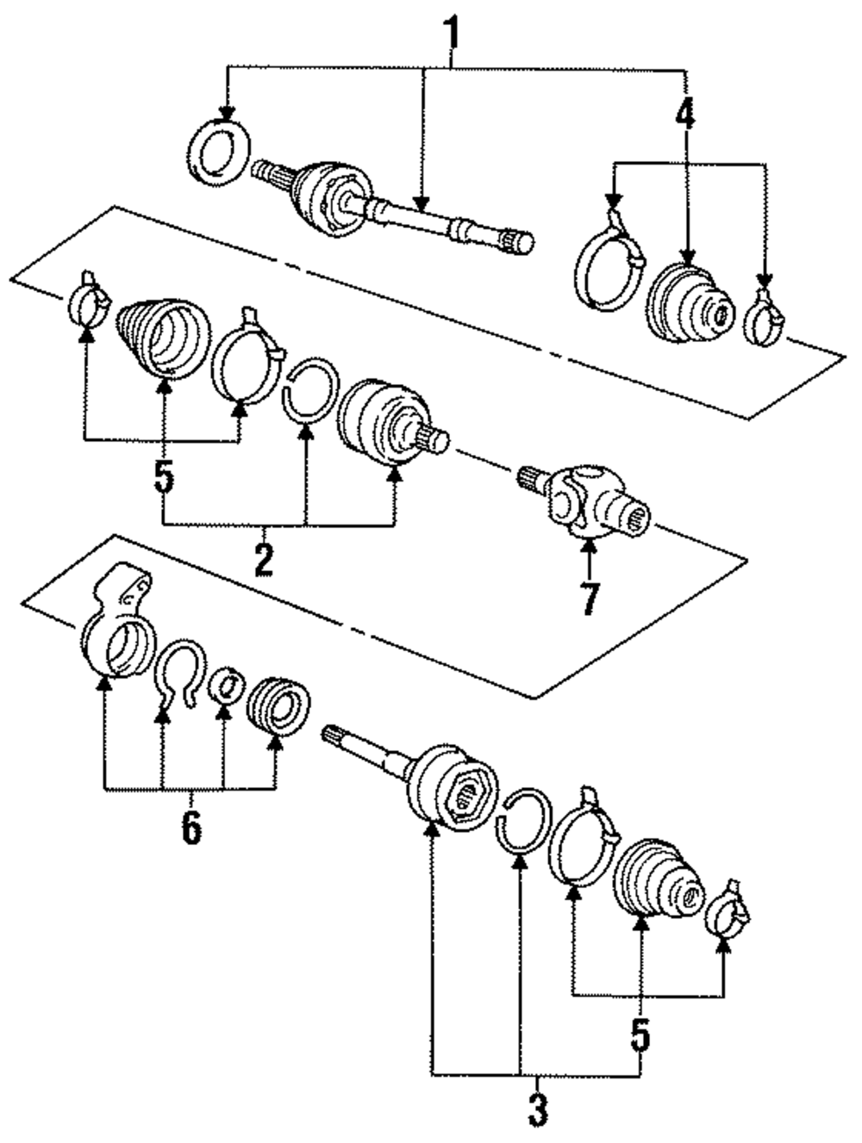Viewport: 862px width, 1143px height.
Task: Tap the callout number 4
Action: [685, 114]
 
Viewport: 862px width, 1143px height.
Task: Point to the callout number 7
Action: [590, 599]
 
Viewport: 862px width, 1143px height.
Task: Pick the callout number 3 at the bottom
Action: [537, 1107]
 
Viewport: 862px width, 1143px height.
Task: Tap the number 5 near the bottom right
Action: [640, 1034]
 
